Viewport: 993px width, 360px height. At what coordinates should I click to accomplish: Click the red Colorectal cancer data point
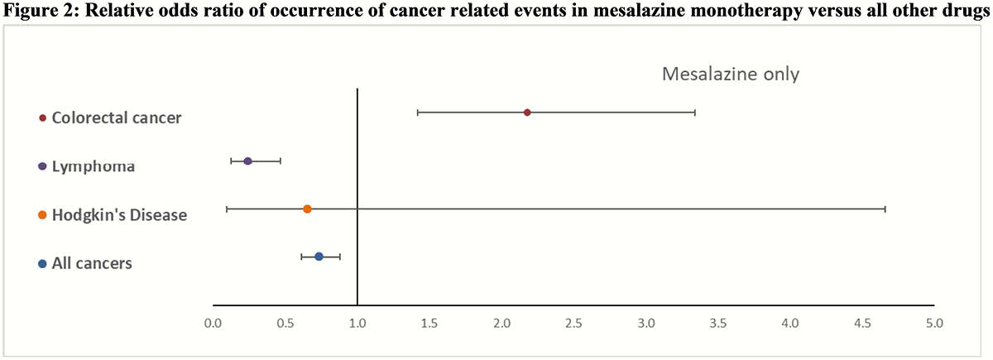tap(526, 113)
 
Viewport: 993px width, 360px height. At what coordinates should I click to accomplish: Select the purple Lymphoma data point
tap(247, 161)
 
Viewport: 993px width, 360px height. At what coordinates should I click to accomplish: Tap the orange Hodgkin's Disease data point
tap(307, 209)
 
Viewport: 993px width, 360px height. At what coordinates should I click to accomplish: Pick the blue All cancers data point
tap(319, 257)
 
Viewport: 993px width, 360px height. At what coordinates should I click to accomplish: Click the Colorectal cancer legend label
tap(117, 118)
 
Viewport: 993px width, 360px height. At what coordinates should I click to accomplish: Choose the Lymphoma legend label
tap(94, 166)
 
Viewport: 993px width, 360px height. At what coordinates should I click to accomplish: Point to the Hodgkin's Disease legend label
tap(120, 215)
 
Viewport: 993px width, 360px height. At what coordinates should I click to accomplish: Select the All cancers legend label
tap(92, 263)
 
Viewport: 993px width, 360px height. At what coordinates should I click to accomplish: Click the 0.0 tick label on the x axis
tap(213, 324)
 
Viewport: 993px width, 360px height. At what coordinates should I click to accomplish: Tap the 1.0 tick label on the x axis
tap(357, 324)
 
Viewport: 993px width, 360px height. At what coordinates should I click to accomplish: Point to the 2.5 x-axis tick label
tap(573, 324)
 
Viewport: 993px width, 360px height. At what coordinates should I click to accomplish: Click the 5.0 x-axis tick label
tap(934, 324)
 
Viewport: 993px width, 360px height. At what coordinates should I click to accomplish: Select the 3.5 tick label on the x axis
tap(718, 324)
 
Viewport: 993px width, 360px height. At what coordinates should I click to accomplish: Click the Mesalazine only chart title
tap(731, 74)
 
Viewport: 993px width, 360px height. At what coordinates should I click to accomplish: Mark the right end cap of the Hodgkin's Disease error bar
tap(885, 209)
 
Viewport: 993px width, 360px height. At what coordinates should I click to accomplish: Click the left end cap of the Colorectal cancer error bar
tap(418, 113)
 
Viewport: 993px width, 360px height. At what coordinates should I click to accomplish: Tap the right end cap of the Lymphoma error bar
tap(281, 161)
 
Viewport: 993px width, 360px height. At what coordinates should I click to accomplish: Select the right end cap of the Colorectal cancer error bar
tap(695, 113)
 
